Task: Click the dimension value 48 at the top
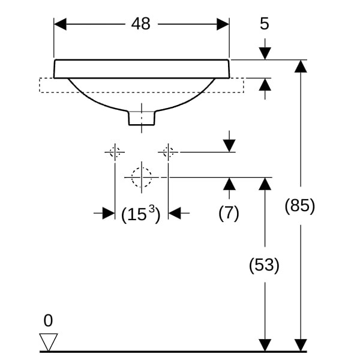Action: [x=141, y=24]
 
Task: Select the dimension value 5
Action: [x=265, y=24]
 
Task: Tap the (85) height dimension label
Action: [x=299, y=206]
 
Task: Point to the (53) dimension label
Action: [x=264, y=265]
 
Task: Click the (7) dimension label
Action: [x=229, y=212]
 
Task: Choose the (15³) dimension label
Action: [x=141, y=214]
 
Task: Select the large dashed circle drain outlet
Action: [x=142, y=177]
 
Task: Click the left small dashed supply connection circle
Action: [x=115, y=152]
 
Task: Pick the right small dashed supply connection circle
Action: [x=169, y=152]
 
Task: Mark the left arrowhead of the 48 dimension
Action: [x=61, y=24]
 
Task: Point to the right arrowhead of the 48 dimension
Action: [x=223, y=24]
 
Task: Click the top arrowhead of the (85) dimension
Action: [x=301, y=66]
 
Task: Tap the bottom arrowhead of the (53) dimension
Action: [x=265, y=345]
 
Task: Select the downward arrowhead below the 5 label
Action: [x=265, y=53]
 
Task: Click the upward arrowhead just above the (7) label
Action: [x=229, y=184]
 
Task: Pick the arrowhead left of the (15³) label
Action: [x=108, y=212]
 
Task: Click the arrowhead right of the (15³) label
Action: [x=175, y=212]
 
